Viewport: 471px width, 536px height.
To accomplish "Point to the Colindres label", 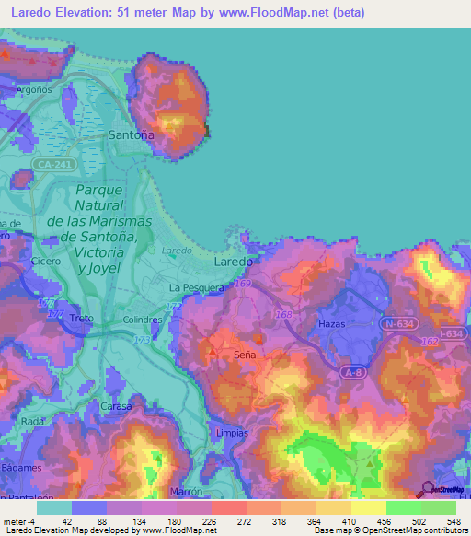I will coord(143,320).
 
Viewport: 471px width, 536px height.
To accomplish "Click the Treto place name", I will coord(82,319).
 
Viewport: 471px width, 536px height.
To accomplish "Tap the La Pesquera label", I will coord(197,288).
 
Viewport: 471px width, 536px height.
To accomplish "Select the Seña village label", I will coord(245,354).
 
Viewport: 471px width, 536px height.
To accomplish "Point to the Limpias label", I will coord(231,432).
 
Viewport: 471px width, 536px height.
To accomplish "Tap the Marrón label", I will coord(185,493).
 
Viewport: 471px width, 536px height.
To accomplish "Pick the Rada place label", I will coord(33,421).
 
